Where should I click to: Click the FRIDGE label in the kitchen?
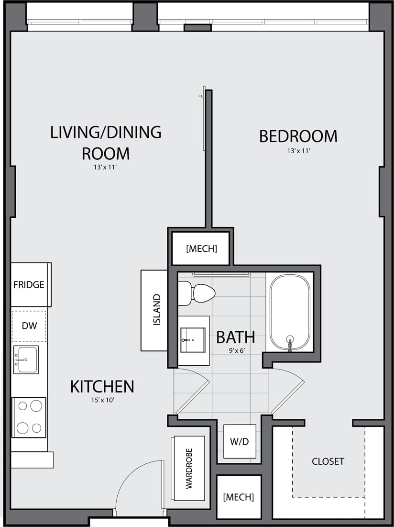coord(29,285)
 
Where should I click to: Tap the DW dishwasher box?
coord(29,326)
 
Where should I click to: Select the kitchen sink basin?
coord(25,359)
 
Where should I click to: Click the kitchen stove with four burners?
coord(29,417)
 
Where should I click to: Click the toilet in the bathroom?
coord(198,293)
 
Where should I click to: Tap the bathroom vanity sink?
coord(193,340)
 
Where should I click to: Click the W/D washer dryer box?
coord(240,441)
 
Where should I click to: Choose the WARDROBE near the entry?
coord(189,468)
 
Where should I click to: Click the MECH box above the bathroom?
coord(201,248)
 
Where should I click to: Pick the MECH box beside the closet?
coord(239,497)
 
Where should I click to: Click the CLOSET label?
coord(328,461)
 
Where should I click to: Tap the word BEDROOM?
coord(298,136)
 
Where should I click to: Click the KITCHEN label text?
coord(102,387)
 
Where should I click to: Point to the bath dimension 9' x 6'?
coord(236,350)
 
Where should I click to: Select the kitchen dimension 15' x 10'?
coord(102,400)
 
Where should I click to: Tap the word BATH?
coord(235,337)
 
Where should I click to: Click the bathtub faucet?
coord(290,344)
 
